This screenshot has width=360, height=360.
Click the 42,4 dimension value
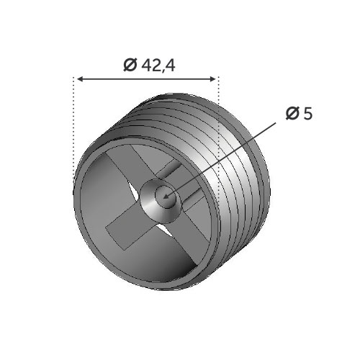coord(158,66)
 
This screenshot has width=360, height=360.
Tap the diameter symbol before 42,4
coord(130,65)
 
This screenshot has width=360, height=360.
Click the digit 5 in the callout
coord(308,113)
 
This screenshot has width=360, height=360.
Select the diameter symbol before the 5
coord(292,113)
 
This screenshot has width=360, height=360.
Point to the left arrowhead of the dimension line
coord(81,79)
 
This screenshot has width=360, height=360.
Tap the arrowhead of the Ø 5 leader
coord(166,197)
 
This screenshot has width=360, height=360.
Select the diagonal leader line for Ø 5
coord(220,161)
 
